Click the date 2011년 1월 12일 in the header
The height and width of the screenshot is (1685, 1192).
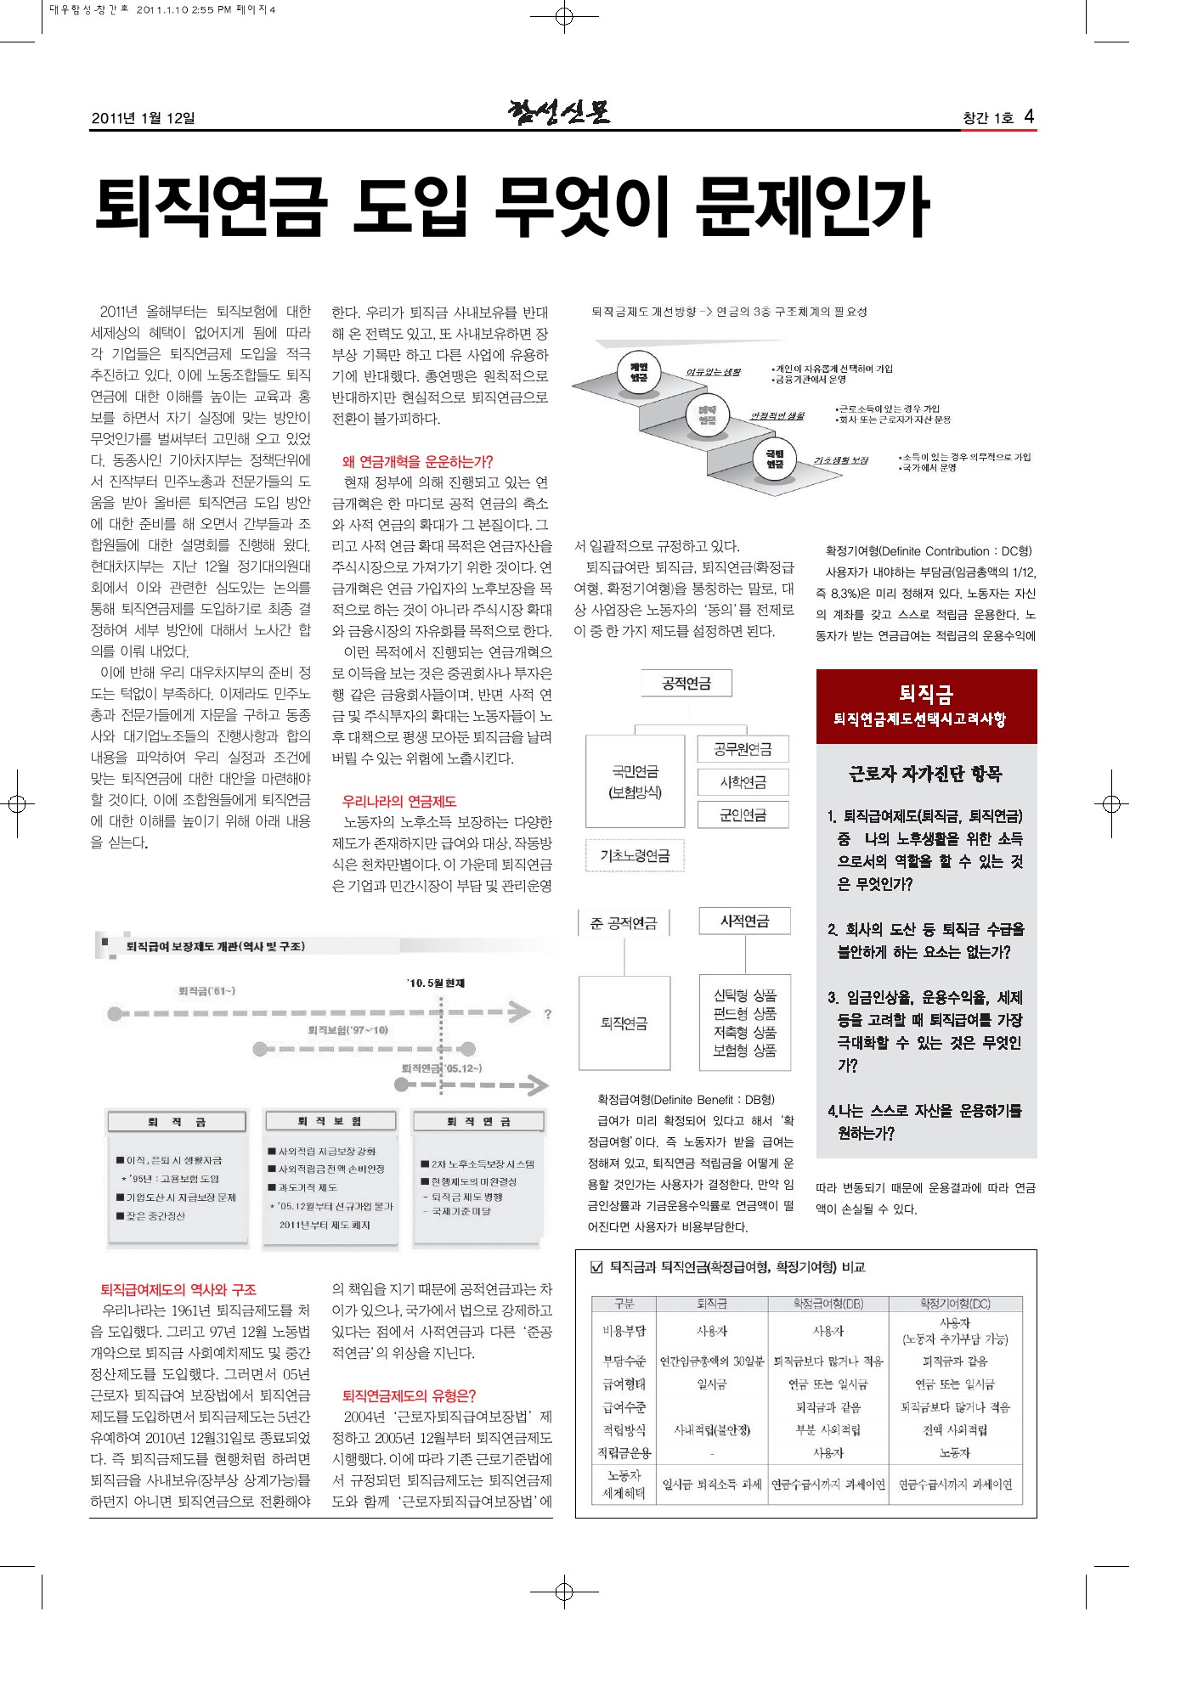(x=143, y=118)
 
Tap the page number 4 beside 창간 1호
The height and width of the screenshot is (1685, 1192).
(x=1029, y=116)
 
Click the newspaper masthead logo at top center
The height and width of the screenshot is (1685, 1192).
(x=559, y=112)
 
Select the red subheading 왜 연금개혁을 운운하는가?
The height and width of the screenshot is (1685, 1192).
(x=417, y=462)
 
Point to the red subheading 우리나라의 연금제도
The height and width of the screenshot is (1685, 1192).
(x=398, y=801)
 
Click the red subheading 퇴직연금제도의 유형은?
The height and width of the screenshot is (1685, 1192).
(x=409, y=1395)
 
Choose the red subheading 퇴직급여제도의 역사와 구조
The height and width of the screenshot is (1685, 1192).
(x=178, y=1289)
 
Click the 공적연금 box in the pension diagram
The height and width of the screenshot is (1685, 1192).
(x=686, y=684)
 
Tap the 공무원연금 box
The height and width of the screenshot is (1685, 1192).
(x=743, y=749)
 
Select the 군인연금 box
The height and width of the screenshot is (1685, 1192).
(x=743, y=815)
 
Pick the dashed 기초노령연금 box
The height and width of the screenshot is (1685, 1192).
(x=635, y=856)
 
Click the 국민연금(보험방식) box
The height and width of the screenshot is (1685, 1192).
(x=635, y=781)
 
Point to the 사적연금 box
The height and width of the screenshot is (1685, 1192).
(x=744, y=921)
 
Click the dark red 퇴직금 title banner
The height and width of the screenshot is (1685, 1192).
(x=926, y=706)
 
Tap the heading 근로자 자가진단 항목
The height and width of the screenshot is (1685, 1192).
(x=926, y=774)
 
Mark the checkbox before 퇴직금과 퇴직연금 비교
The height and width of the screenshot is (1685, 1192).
(x=596, y=1268)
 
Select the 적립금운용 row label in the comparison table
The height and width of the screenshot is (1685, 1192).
(x=624, y=1453)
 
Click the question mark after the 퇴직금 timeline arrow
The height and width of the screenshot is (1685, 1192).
(x=548, y=1013)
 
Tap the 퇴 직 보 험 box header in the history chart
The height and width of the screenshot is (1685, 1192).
(x=330, y=1122)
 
